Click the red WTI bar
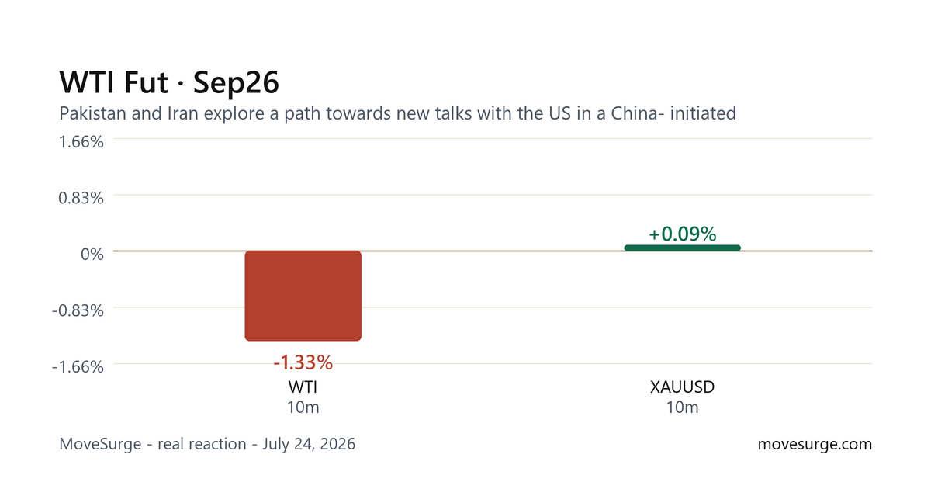(x=303, y=296)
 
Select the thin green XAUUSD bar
(x=683, y=248)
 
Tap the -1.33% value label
(x=303, y=362)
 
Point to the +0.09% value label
(x=683, y=234)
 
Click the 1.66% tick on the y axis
(x=81, y=142)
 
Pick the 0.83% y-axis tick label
(x=81, y=198)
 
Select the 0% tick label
(x=92, y=254)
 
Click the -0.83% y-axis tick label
(x=78, y=310)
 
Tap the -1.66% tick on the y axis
(x=78, y=366)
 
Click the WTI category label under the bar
(x=303, y=387)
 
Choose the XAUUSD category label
(x=683, y=387)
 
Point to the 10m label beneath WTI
(x=303, y=407)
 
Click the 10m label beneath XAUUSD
(x=683, y=407)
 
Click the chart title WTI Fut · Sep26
(x=169, y=82)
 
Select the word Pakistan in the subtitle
(x=92, y=113)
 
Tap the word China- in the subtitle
(x=637, y=113)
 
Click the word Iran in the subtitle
(x=182, y=113)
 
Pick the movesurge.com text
(x=815, y=444)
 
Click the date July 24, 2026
(x=309, y=444)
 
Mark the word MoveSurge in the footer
(x=100, y=444)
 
